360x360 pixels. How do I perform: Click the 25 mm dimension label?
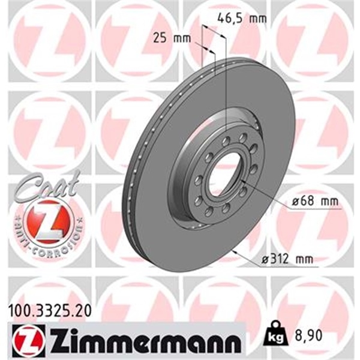[x=172, y=39]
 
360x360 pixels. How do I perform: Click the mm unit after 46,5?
[x=257, y=18]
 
